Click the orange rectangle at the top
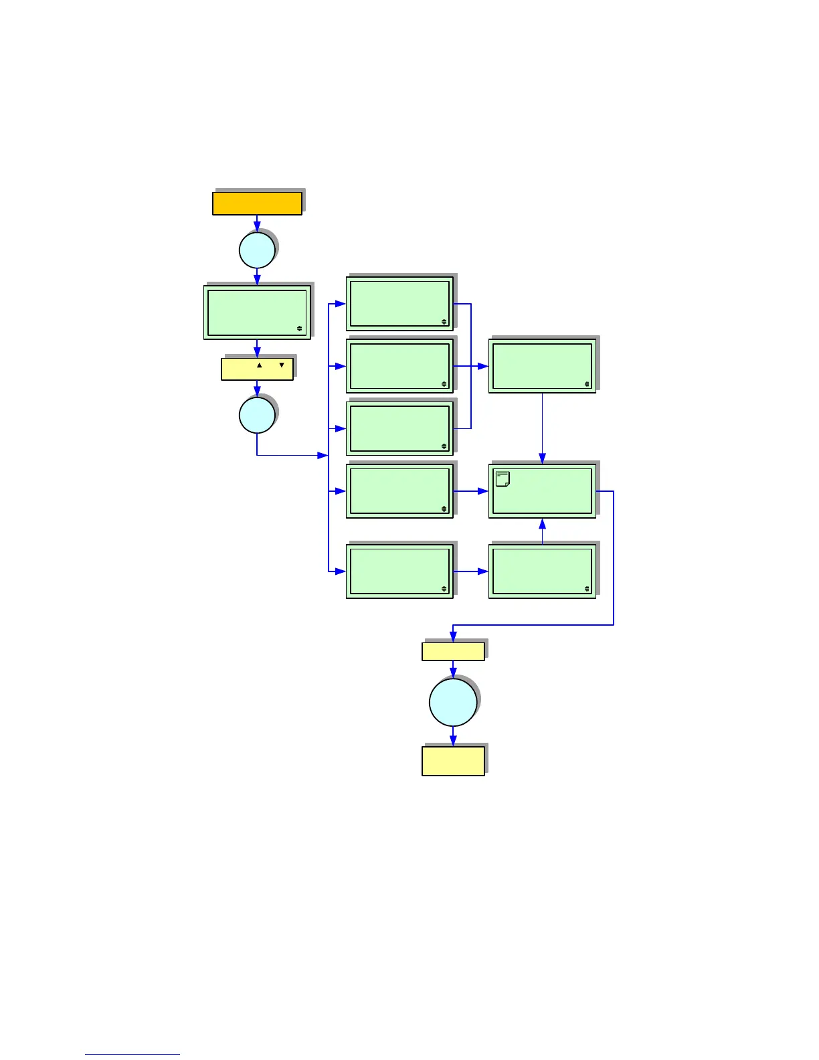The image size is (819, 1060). point(257,203)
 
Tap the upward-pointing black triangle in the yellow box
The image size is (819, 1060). point(260,365)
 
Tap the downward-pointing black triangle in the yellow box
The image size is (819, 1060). point(282,365)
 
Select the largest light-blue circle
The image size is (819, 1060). point(453,702)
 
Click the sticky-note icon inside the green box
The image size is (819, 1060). point(503,478)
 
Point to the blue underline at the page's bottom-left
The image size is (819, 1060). point(132,1054)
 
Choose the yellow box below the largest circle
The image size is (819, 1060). point(453,762)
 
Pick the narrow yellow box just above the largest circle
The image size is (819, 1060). point(453,651)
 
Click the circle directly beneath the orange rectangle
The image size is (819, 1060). point(257,250)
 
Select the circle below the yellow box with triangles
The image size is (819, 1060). point(257,415)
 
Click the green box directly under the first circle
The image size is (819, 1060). point(257,313)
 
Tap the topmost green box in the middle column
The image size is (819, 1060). point(399,304)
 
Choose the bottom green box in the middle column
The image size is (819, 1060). point(399,571)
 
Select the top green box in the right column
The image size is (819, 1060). point(542,366)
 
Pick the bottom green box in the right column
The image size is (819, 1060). point(542,571)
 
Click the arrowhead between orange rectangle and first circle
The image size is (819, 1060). point(257,228)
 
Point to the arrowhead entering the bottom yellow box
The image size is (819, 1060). point(453,741)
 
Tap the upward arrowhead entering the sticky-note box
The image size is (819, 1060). point(542,523)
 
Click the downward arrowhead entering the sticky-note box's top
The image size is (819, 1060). point(542,458)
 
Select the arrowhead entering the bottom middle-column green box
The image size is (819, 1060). point(341,571)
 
